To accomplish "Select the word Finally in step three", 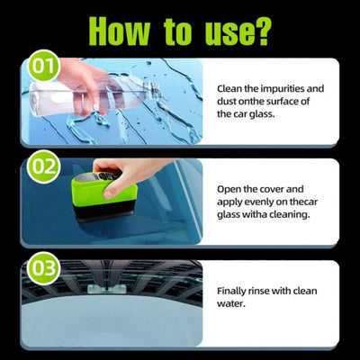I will point(236,292).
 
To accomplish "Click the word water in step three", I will point(233,304).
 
